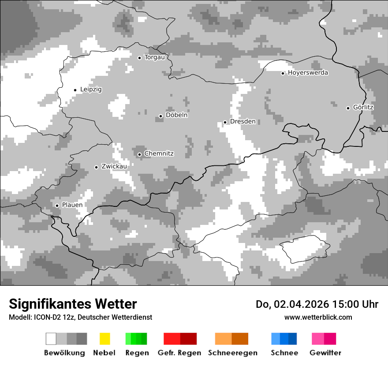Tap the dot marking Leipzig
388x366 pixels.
click(x=75, y=90)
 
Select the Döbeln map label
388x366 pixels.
click(x=176, y=115)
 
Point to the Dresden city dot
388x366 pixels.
click(x=225, y=122)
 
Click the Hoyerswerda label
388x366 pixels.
click(x=308, y=73)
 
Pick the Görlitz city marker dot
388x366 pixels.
click(x=348, y=108)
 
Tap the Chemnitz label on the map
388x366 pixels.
click(x=159, y=154)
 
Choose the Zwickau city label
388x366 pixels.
click(x=114, y=167)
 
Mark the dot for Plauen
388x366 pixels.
click(x=57, y=205)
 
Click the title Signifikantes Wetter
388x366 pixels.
click(x=73, y=304)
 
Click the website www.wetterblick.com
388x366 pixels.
click(x=318, y=317)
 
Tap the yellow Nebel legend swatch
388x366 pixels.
click(x=104, y=339)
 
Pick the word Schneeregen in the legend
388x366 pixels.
click(x=232, y=353)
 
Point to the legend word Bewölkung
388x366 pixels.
click(x=64, y=353)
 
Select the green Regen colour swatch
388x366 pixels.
click(x=136, y=339)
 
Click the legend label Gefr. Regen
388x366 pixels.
click(x=179, y=353)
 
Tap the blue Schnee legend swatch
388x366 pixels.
click(x=284, y=339)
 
